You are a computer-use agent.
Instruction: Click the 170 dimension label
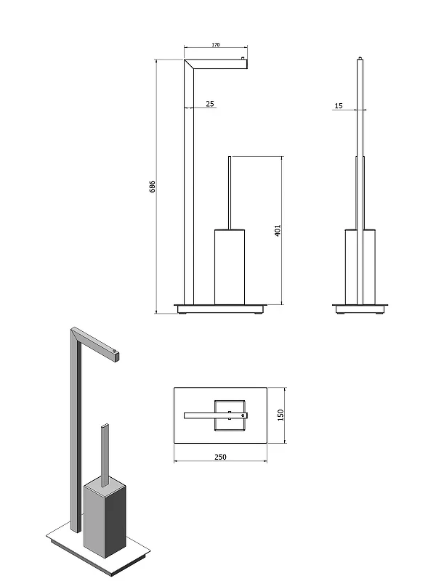[x=216, y=45]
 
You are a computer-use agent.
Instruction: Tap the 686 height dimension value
[x=152, y=187]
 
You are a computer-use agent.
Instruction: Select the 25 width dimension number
[x=210, y=104]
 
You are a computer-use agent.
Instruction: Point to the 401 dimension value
[x=278, y=230]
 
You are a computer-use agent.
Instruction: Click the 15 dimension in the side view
[x=339, y=106]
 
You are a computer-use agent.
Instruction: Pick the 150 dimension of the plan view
[x=280, y=415]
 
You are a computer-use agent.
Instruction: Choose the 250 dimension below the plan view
[x=220, y=457]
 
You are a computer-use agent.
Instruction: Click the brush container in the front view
[x=230, y=267]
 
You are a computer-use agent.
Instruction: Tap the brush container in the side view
[x=360, y=267]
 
